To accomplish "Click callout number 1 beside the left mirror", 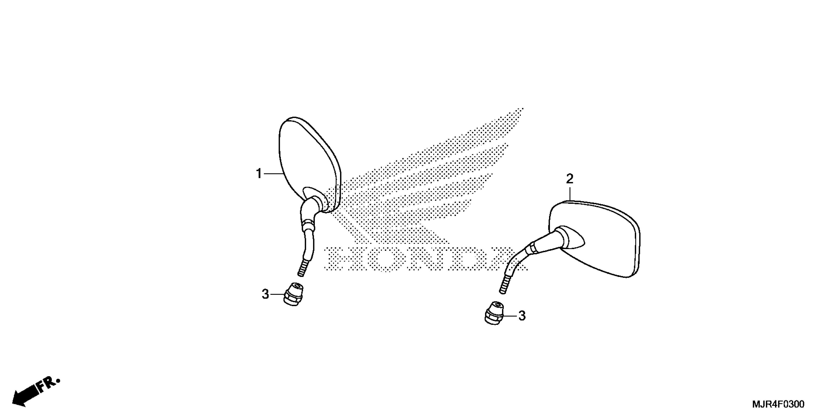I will point(259,174).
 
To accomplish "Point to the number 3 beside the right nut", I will point(522,316).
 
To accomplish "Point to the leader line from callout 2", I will point(570,193).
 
